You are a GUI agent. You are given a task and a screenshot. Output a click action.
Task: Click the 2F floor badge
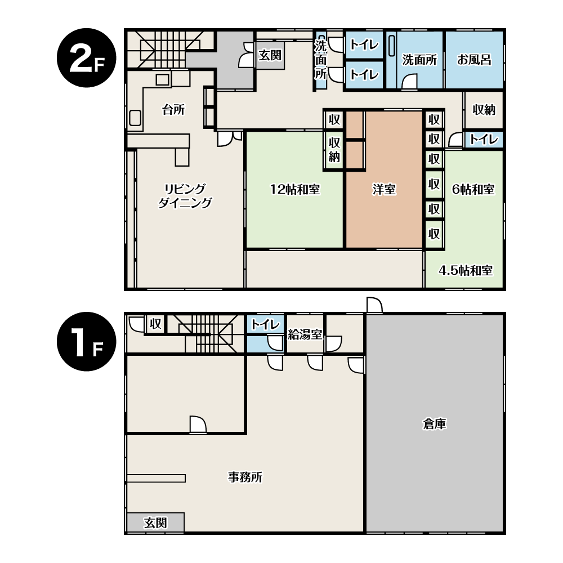[x=87, y=58]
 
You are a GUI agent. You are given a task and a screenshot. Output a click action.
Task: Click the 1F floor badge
[x=87, y=342]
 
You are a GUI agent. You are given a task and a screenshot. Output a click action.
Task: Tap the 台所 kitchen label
[x=173, y=110]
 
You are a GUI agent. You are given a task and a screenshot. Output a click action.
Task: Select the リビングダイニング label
[x=185, y=196]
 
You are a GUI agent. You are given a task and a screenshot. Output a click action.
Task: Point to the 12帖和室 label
[x=295, y=189]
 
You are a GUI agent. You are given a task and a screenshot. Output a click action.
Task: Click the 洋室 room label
[x=384, y=189]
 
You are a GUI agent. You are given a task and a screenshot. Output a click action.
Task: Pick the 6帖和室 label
[x=473, y=189]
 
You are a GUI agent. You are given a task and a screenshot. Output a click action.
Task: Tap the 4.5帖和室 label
[x=466, y=270]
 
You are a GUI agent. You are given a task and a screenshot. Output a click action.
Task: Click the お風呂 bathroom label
[x=474, y=60]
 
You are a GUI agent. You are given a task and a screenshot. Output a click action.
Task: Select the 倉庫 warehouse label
[x=435, y=424]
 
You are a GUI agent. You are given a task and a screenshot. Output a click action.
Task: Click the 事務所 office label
[x=245, y=477]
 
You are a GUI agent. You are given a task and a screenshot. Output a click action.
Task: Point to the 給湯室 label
[x=305, y=334]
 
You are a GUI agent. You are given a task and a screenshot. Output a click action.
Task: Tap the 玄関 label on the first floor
[x=155, y=523]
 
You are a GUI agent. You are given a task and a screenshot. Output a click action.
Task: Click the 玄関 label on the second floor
[x=270, y=55]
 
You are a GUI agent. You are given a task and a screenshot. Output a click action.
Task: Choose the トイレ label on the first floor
[x=265, y=325]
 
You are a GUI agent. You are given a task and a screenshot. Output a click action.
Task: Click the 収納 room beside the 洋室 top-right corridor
[x=484, y=110]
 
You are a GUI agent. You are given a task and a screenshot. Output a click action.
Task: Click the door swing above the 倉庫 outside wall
[x=374, y=305]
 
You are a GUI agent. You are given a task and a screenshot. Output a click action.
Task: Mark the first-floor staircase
[x=203, y=333]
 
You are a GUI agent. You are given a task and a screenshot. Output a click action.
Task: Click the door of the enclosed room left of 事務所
[x=198, y=425]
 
